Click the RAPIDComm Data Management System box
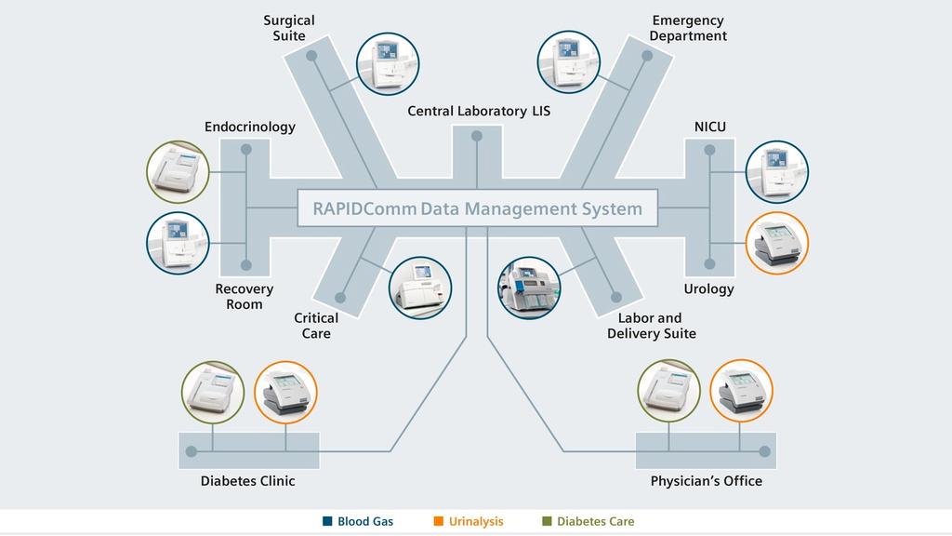click(x=477, y=208)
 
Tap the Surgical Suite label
click(x=289, y=28)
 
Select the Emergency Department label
click(x=688, y=28)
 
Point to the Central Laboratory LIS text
click(x=479, y=111)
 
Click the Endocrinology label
click(x=250, y=127)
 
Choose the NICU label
click(x=710, y=127)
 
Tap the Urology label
click(x=708, y=288)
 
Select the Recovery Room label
click(x=245, y=297)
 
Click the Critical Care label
click(x=316, y=326)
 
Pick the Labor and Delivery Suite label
click(x=651, y=326)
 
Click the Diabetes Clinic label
click(x=247, y=481)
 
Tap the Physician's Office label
click(x=706, y=481)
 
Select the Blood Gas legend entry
click(x=358, y=521)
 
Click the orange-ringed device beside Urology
click(x=777, y=243)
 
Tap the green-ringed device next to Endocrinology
click(x=178, y=172)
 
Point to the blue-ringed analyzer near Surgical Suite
click(x=388, y=63)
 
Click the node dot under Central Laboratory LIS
click(x=477, y=136)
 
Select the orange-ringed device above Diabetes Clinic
click(x=285, y=392)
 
